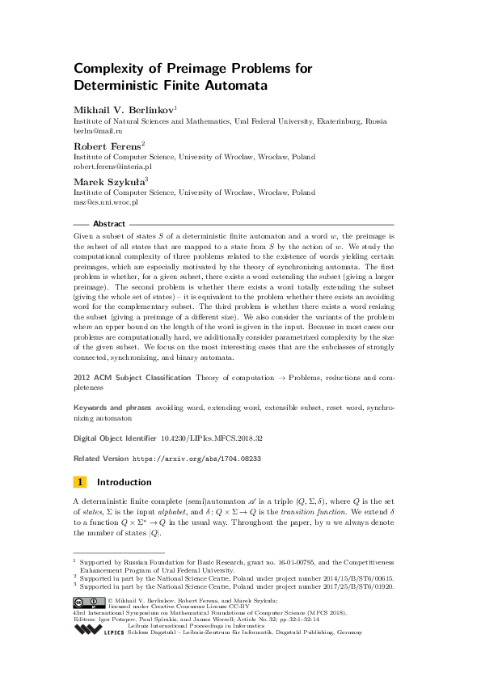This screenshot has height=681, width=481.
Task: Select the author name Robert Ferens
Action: pos(107,146)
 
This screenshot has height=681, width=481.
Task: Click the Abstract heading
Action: pos(109,224)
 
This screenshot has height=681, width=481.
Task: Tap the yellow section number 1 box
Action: pos(80,482)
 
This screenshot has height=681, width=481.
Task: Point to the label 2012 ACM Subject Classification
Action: pos(132,378)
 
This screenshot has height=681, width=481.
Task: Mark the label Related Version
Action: pos(100,458)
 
